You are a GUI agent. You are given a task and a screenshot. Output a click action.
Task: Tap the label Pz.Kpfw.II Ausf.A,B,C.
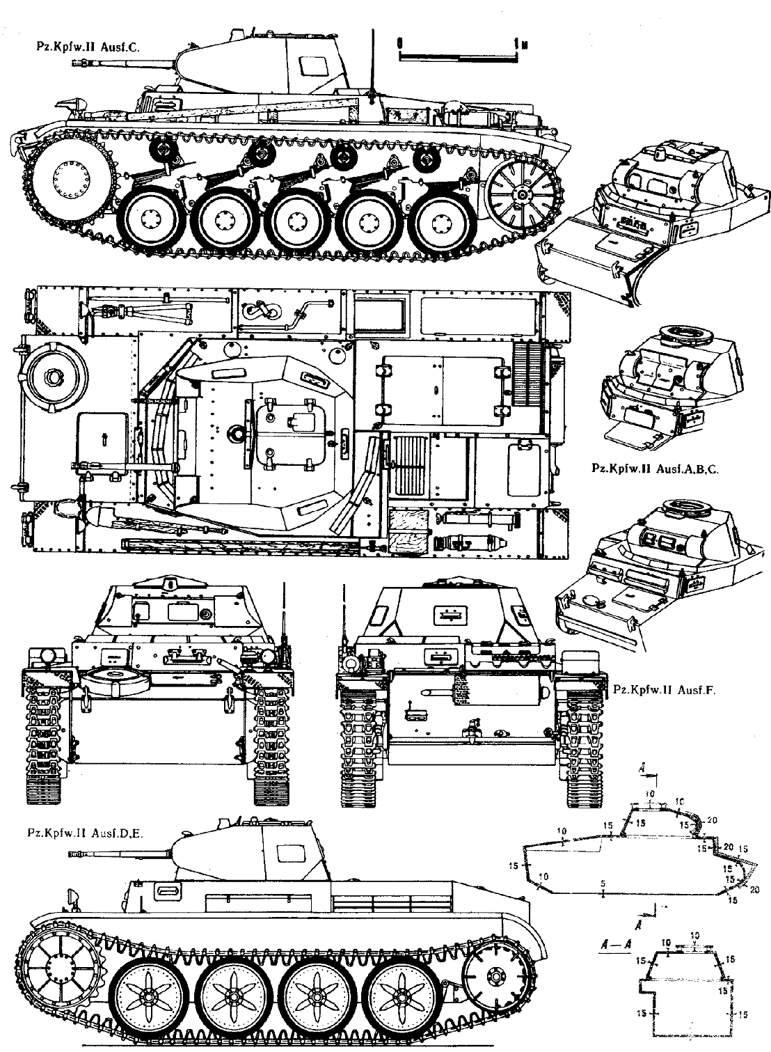(x=652, y=469)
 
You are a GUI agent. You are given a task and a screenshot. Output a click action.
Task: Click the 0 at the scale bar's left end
(x=400, y=42)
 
